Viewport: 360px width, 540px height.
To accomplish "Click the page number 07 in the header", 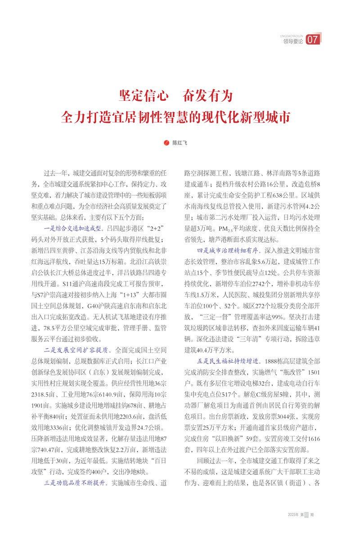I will click(x=313, y=40).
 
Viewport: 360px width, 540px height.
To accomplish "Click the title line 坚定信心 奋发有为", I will click(x=175, y=95).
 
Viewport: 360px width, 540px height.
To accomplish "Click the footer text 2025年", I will click(x=293, y=514).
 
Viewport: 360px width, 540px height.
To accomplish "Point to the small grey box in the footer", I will click(x=307, y=514).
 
